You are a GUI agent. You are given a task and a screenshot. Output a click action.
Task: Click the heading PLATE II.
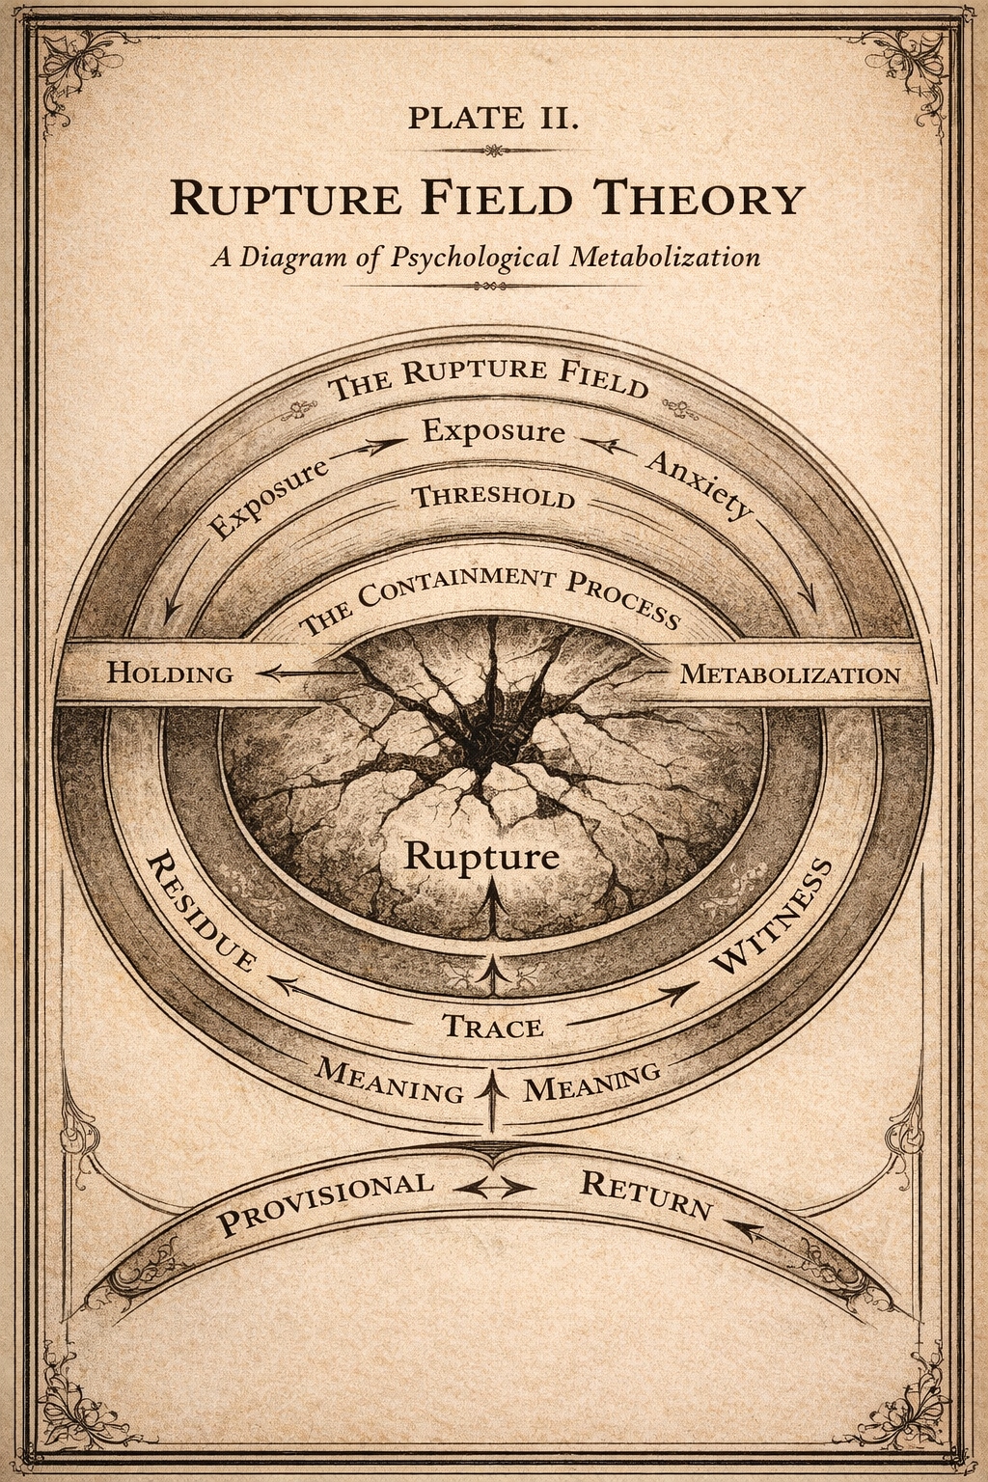[493, 118]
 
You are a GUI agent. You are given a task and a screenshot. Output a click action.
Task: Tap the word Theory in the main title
[699, 198]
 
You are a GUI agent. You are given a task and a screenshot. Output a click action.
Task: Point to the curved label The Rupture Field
[488, 376]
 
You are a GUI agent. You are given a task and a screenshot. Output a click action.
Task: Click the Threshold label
[493, 498]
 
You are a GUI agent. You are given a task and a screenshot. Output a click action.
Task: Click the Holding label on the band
[170, 672]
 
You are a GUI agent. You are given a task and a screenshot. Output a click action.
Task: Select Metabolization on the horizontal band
[789, 673]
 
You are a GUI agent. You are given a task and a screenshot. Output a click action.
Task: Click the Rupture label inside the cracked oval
[480, 856]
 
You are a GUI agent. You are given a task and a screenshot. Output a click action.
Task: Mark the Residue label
[201, 911]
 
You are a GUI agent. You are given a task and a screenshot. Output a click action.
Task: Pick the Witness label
[772, 917]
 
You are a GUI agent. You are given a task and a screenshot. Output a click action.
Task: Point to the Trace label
[492, 1027]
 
